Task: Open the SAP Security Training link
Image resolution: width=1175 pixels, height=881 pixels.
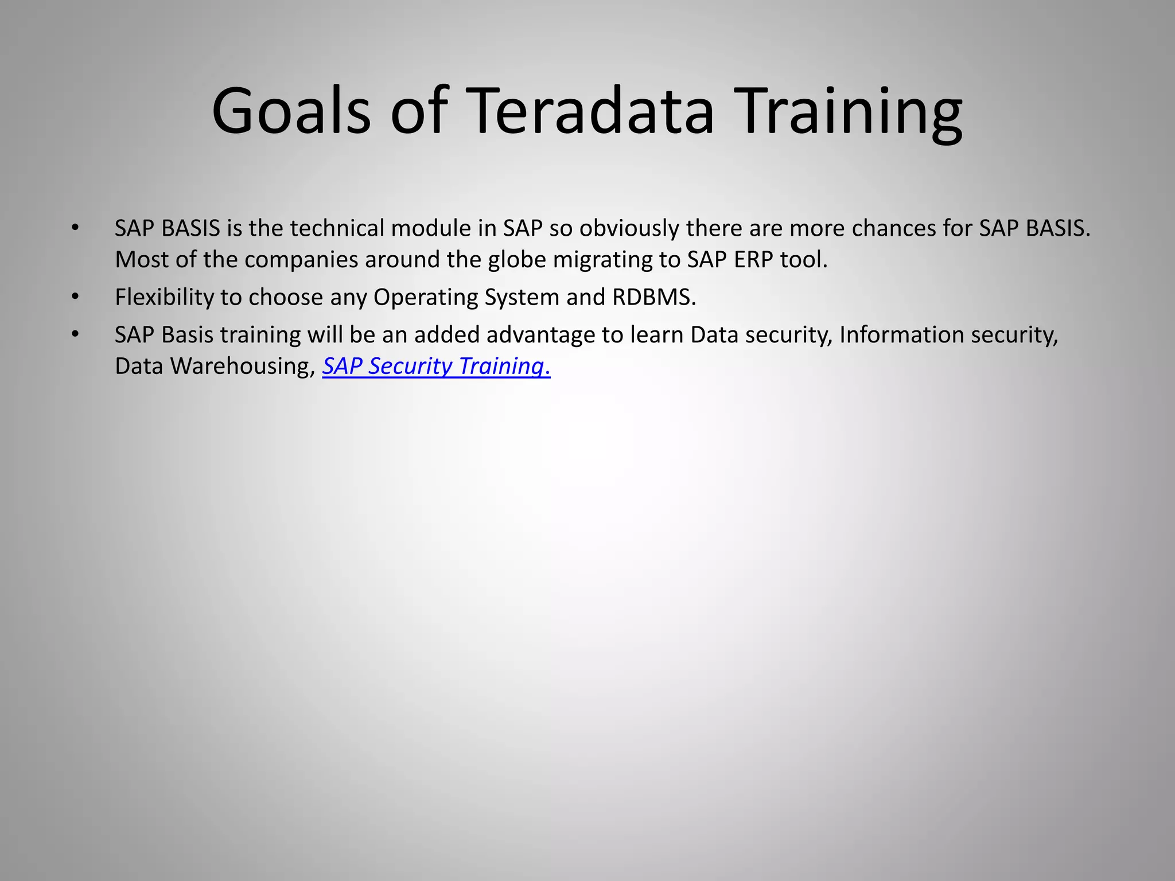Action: pos(436,366)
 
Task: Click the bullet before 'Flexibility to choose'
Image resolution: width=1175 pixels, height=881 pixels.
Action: pos(75,297)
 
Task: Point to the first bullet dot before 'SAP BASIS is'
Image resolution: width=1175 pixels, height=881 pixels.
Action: pos(75,228)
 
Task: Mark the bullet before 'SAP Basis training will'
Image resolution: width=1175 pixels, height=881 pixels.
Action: pos(75,334)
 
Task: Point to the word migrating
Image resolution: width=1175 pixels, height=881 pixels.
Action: pos(602,260)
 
